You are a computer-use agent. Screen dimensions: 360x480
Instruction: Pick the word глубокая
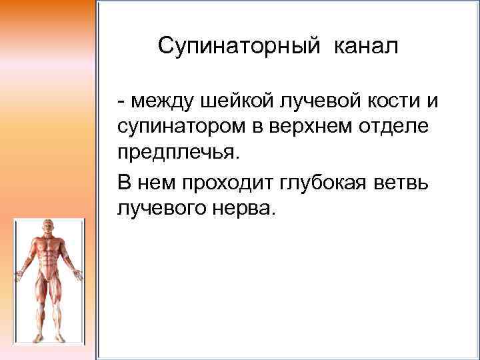[323, 182]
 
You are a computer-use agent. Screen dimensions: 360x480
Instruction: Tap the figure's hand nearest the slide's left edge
[19, 273]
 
